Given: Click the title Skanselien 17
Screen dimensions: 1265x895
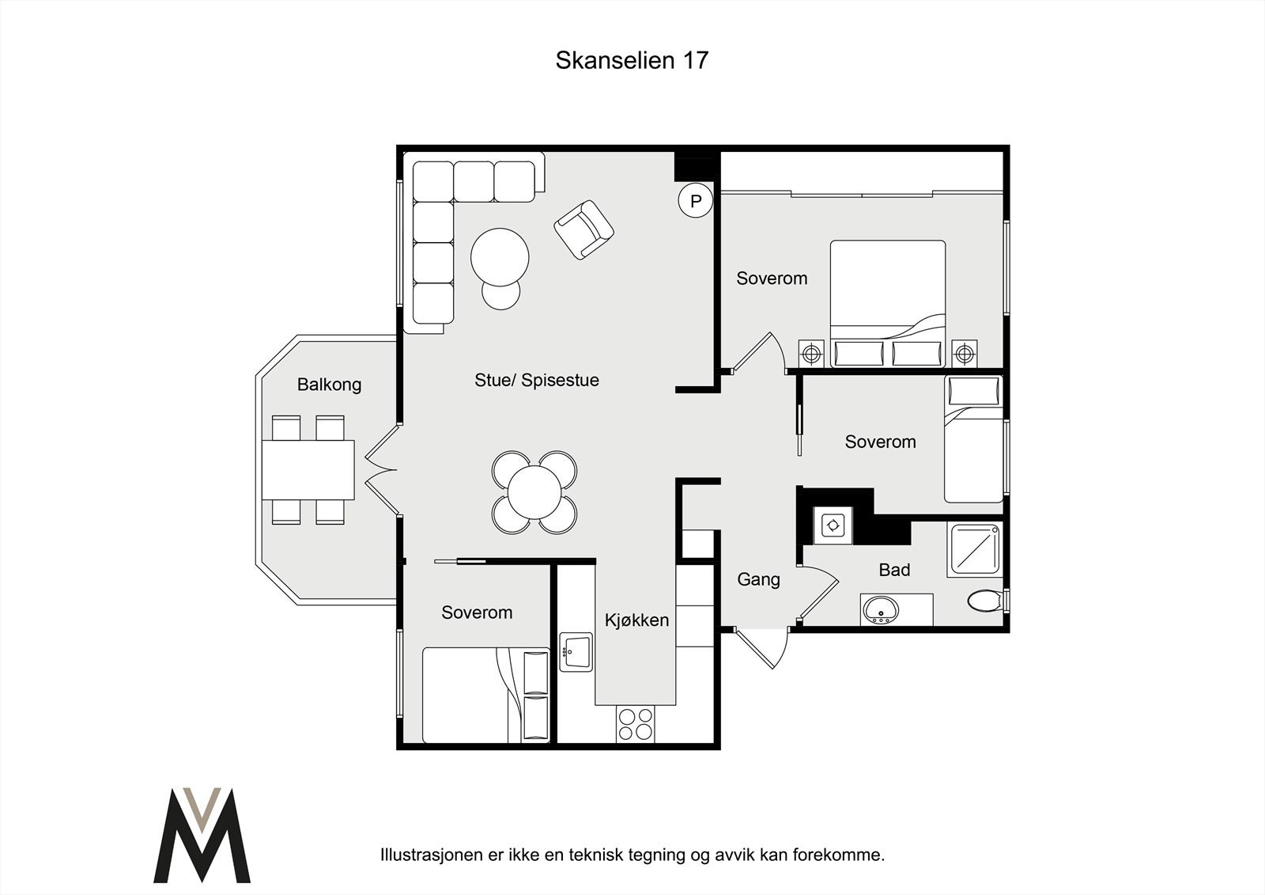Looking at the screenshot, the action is tap(632, 60).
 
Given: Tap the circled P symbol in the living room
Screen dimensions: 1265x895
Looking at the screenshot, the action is tap(696, 201).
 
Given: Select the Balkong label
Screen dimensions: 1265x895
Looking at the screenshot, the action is tap(329, 385).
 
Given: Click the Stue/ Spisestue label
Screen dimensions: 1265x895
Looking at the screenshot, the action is tap(537, 380).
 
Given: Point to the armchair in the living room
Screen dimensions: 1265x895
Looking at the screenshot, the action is tap(584, 229).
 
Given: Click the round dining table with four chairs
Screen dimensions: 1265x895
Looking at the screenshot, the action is tap(534, 492).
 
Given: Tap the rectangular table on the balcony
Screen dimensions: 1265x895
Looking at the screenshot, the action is tap(308, 470).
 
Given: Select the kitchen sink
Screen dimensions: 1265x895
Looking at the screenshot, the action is tap(576, 652).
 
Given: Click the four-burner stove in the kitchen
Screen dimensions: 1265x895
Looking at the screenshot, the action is tap(636, 724).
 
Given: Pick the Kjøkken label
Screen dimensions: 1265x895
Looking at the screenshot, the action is tap(637, 620).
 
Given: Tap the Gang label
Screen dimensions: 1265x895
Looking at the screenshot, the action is tap(758, 579).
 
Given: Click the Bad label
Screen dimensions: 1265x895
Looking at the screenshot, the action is tap(894, 570).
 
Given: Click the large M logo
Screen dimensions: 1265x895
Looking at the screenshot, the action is tap(202, 835).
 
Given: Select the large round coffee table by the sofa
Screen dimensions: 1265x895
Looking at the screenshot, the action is tap(500, 257).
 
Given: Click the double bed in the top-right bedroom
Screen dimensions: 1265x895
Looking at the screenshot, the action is tap(888, 304).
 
